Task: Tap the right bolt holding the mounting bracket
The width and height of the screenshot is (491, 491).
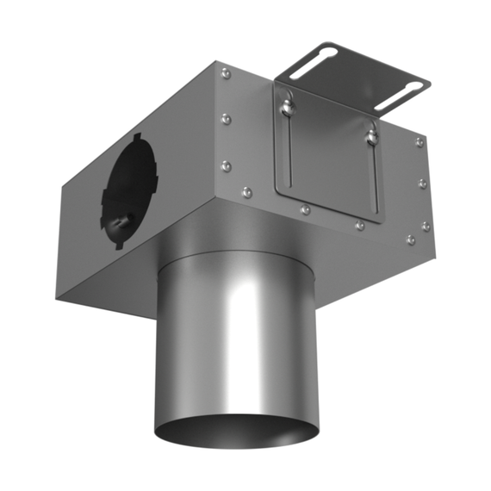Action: [371, 133]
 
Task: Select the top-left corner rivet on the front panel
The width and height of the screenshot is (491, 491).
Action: [226, 74]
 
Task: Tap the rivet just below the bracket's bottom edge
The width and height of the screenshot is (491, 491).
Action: [305, 208]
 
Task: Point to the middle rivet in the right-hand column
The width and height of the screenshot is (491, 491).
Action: [422, 183]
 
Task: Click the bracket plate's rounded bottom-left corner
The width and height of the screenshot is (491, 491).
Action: [279, 195]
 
